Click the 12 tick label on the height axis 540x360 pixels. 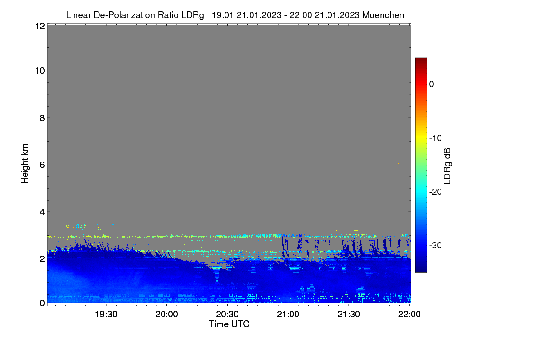pyautogui.click(x=40, y=26)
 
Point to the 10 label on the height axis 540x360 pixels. pyautogui.click(x=40, y=71)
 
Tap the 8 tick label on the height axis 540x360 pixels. pyautogui.click(x=42, y=118)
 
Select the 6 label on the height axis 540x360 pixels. pyautogui.click(x=42, y=165)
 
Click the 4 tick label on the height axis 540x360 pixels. pyautogui.click(x=42, y=212)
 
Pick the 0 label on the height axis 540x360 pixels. pyautogui.click(x=42, y=303)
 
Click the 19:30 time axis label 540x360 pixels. pyautogui.click(x=106, y=315)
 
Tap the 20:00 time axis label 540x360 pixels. pyautogui.click(x=166, y=315)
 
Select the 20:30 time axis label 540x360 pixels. pyautogui.click(x=227, y=315)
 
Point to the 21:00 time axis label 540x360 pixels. pyautogui.click(x=288, y=315)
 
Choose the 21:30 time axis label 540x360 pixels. pyautogui.click(x=349, y=315)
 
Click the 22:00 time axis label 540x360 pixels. pyautogui.click(x=409, y=315)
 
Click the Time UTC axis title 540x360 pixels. pyautogui.click(x=229, y=324)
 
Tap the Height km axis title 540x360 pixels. pyautogui.click(x=25, y=164)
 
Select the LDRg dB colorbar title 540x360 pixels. pyautogui.click(x=447, y=166)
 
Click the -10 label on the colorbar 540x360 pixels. pyautogui.click(x=436, y=139)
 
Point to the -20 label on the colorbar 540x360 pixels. pyautogui.click(x=436, y=192)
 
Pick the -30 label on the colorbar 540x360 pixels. pyautogui.click(x=436, y=245)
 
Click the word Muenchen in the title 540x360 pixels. pyautogui.click(x=383, y=15)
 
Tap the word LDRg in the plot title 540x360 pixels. pyautogui.click(x=193, y=15)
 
